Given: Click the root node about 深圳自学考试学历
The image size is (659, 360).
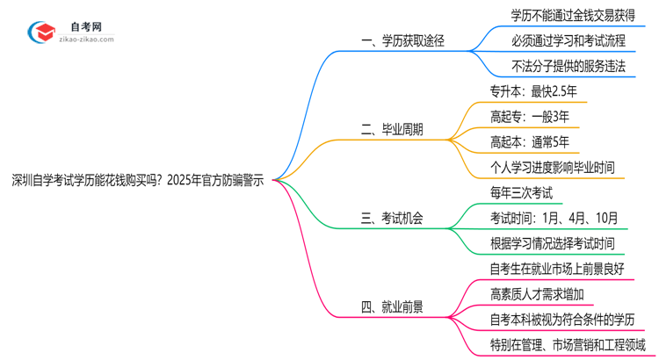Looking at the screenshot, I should [x=137, y=179].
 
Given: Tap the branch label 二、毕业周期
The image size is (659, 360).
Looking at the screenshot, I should [x=392, y=129].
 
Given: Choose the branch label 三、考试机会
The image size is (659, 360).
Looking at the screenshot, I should [x=392, y=218].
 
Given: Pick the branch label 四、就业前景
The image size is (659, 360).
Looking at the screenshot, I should [x=392, y=306].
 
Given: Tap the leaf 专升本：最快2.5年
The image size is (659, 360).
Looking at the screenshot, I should [x=532, y=90].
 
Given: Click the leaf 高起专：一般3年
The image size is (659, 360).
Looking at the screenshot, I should [x=529, y=116].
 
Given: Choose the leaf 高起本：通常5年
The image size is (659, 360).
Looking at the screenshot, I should [x=529, y=141].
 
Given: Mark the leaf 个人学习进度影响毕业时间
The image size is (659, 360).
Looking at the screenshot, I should [x=552, y=167].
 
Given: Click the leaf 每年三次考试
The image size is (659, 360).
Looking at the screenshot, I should [x=520, y=192].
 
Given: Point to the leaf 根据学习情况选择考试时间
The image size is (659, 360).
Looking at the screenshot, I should [x=552, y=243].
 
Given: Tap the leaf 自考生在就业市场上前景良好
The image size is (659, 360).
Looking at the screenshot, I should [x=556, y=269].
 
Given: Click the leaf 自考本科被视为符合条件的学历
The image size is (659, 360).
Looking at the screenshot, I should [x=562, y=320].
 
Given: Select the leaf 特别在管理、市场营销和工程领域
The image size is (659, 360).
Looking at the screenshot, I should [x=568, y=345].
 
